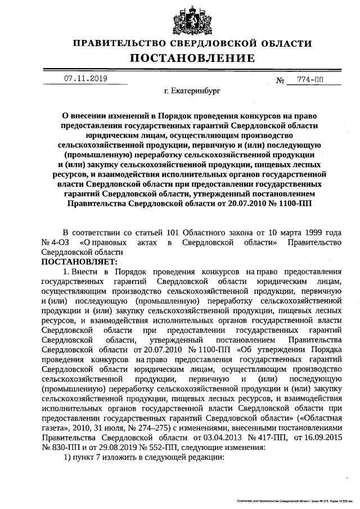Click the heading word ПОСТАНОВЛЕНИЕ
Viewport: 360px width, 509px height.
tap(192, 58)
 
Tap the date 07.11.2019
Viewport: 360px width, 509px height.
tap(84, 79)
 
